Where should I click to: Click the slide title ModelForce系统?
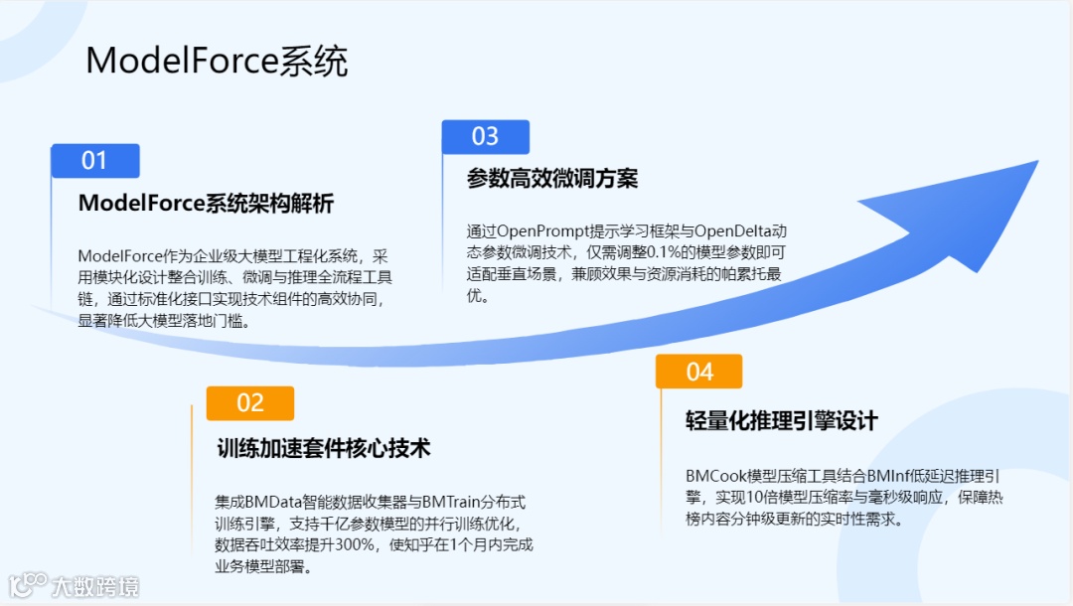(x=217, y=62)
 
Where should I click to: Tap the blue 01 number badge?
(x=95, y=161)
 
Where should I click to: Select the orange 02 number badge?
(x=250, y=402)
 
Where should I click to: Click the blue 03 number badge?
(x=485, y=137)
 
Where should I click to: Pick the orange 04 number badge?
(x=699, y=372)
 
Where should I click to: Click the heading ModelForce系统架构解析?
(x=206, y=204)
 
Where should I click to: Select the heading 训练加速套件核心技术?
(x=324, y=448)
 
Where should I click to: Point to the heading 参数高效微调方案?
(x=552, y=179)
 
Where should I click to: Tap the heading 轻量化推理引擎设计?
(x=782, y=420)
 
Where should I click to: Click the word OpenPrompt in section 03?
(x=540, y=231)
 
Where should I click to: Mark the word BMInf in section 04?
(x=888, y=475)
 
